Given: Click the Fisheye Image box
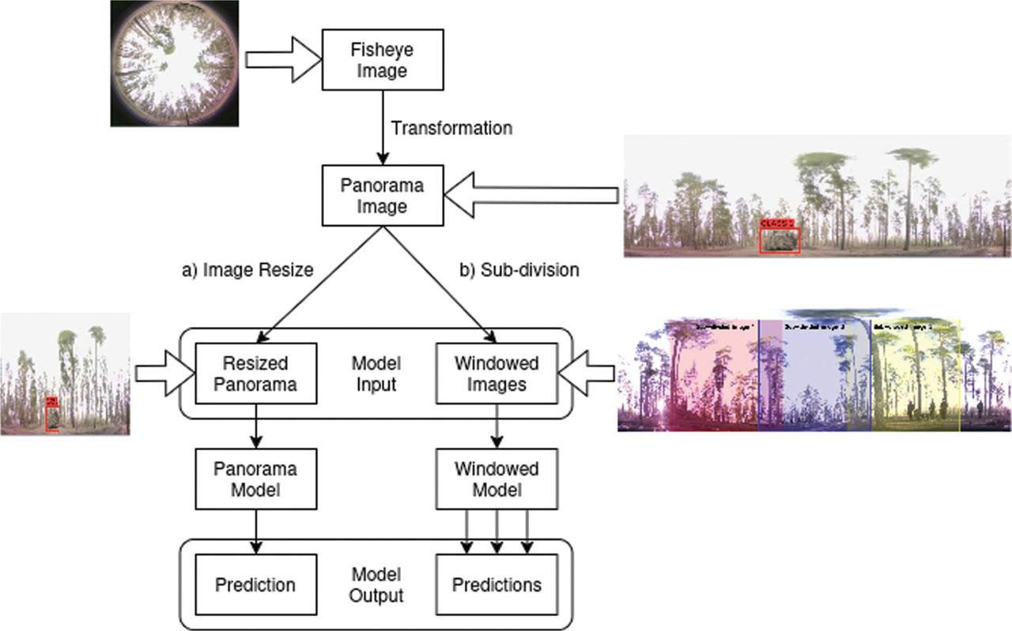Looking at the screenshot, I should (383, 60).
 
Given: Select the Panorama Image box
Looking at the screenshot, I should (383, 196).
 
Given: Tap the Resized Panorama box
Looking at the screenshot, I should (255, 374).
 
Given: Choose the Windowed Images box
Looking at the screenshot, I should (497, 374).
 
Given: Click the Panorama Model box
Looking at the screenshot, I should (255, 479).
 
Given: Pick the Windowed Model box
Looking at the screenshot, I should (497, 479).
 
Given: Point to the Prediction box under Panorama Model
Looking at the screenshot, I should (255, 585).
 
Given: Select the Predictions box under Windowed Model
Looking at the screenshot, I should (497, 585).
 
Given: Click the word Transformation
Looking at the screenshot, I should (452, 128).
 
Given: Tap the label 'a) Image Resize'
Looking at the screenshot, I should (247, 270).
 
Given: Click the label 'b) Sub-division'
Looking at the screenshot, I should (519, 270).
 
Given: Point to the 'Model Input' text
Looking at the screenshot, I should (376, 374).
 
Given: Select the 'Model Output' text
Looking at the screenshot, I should (376, 585).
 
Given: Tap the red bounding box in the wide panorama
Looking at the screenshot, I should (780, 240).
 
